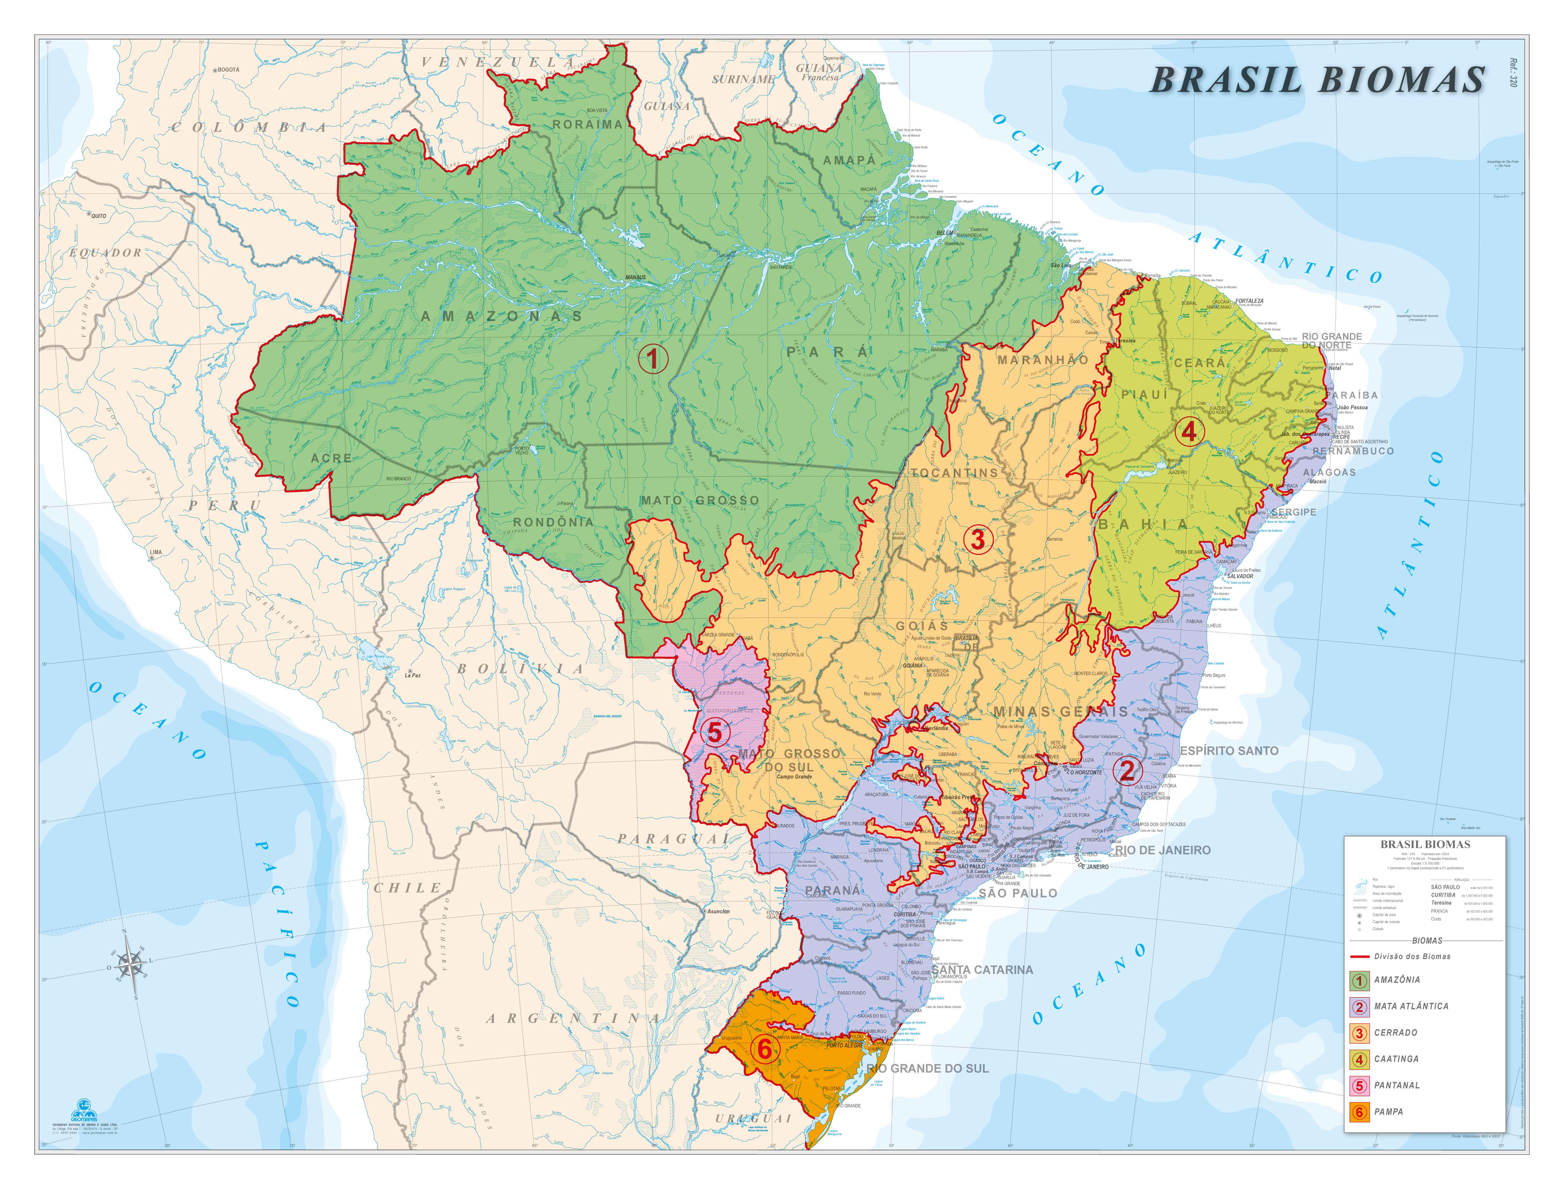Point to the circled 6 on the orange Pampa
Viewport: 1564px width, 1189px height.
click(764, 1049)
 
